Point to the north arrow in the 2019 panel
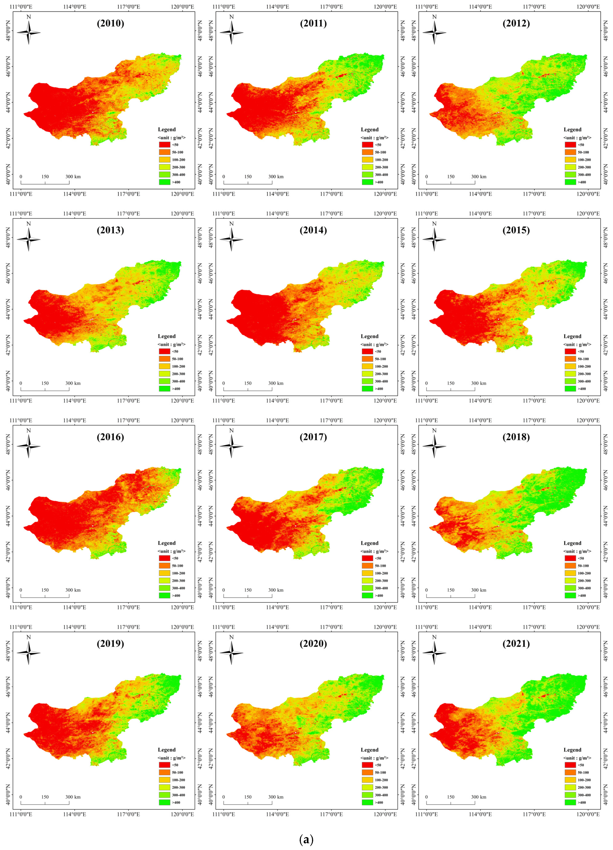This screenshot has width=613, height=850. click(x=28, y=653)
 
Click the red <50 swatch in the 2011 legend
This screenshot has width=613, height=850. click(x=367, y=145)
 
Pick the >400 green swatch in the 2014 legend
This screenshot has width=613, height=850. click(x=367, y=389)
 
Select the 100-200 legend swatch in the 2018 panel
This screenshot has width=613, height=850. click(x=570, y=573)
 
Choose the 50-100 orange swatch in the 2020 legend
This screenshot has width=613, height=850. click(x=367, y=772)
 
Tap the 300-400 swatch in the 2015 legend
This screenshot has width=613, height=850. click(x=570, y=381)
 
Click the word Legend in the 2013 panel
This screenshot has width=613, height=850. click(x=167, y=336)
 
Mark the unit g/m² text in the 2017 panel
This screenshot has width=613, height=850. click(x=375, y=551)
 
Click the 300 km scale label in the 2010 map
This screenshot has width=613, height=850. click(x=73, y=176)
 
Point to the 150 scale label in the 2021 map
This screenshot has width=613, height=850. click(x=451, y=797)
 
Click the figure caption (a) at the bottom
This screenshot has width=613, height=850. click(x=307, y=840)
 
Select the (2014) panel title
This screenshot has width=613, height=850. click(x=313, y=230)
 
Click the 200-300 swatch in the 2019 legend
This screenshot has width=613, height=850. click(x=165, y=787)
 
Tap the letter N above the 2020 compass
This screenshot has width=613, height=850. click(x=232, y=637)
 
